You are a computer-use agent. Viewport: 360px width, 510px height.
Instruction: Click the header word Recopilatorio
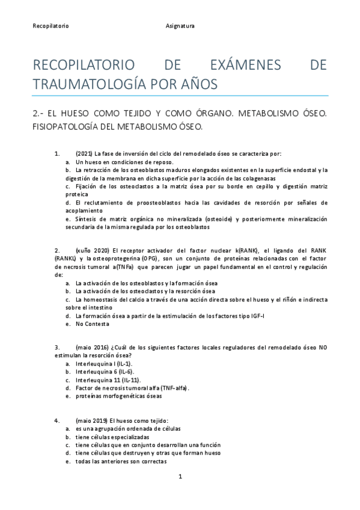click(50, 26)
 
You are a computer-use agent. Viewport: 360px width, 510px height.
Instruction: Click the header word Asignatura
click(180, 26)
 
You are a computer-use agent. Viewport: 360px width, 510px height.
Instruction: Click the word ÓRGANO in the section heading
click(189, 113)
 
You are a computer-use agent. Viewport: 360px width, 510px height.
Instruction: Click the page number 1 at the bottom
click(180, 476)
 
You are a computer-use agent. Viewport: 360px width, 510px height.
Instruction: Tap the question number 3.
click(56, 348)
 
